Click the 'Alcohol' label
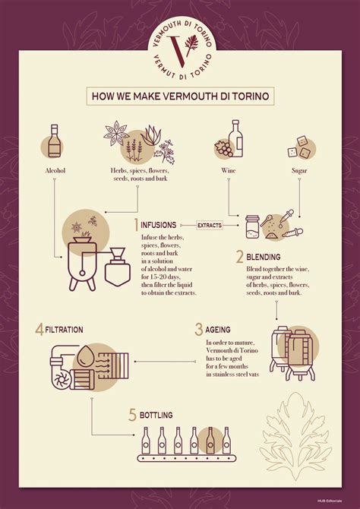point(55,171)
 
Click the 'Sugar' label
point(298,171)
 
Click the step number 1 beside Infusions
point(136,225)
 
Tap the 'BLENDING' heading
point(263,257)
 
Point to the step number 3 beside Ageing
point(198,329)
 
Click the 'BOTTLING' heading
point(155,416)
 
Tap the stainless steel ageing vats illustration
point(292,352)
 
